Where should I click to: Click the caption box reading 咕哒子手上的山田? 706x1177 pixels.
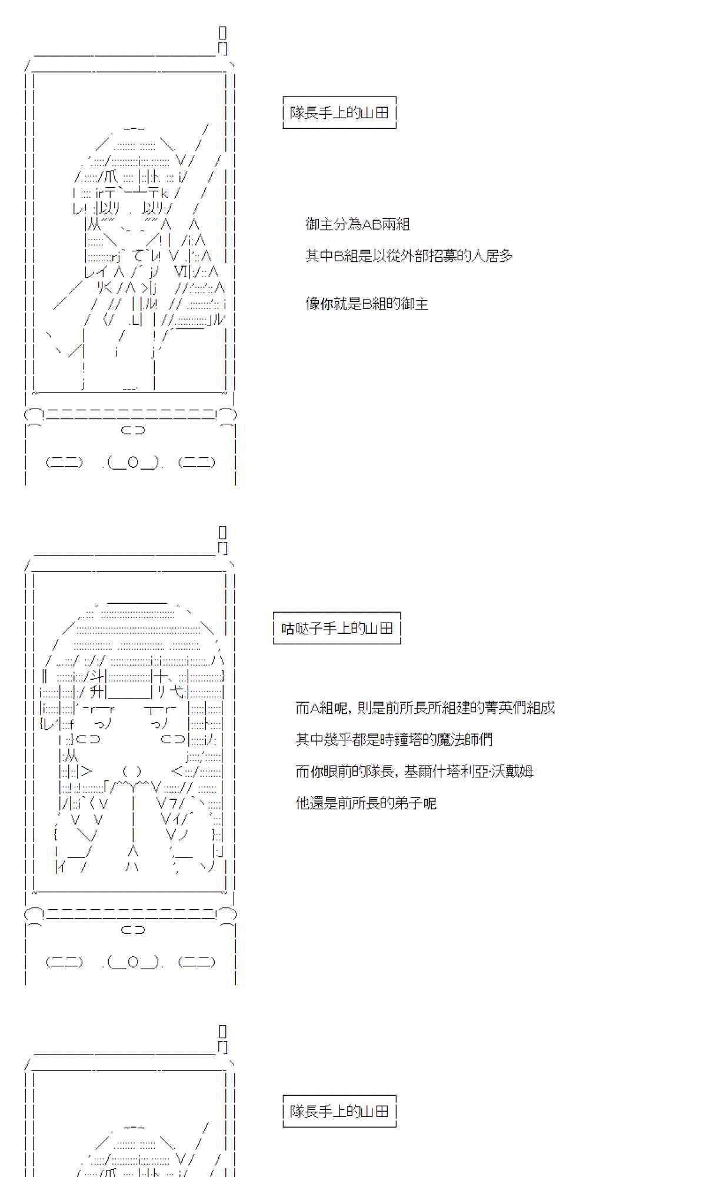(337, 629)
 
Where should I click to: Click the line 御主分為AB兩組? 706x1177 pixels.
(357, 224)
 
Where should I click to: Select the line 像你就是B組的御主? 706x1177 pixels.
(367, 304)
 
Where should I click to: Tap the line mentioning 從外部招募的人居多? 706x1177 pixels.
(409, 256)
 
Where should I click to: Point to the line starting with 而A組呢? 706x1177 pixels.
(425, 708)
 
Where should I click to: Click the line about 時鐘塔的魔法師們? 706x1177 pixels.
(394, 740)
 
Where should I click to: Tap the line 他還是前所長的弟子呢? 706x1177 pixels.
(365, 803)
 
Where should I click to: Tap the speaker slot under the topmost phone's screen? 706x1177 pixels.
(133, 430)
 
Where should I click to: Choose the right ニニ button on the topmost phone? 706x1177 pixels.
(197, 463)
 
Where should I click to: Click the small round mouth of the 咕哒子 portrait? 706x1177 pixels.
(132, 772)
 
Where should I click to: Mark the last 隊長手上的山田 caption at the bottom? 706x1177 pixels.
(339, 1111)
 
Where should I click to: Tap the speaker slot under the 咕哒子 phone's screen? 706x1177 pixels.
(133, 930)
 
